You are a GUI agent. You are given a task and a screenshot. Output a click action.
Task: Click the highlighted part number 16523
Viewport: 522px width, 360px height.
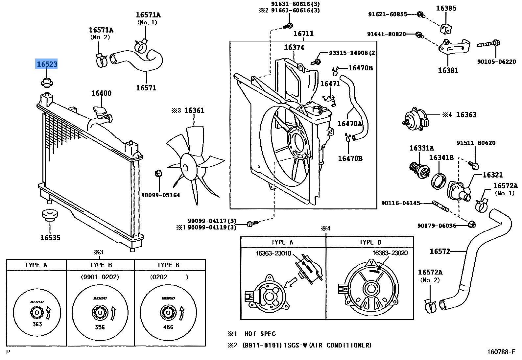(x=47, y=64)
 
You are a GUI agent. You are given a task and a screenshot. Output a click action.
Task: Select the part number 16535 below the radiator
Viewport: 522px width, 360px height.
(x=50, y=238)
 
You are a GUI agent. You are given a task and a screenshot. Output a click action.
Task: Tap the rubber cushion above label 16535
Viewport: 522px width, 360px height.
(x=50, y=215)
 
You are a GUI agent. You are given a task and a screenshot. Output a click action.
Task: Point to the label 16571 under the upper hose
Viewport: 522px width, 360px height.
(x=146, y=88)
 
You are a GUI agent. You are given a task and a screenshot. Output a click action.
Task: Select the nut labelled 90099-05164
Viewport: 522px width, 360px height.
(x=158, y=173)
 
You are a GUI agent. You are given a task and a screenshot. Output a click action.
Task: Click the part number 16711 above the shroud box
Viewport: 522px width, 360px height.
(x=303, y=34)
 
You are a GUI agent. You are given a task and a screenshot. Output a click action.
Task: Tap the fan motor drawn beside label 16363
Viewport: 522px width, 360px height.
(x=416, y=119)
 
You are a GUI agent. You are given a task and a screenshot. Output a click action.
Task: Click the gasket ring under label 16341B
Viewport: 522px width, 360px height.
(x=439, y=181)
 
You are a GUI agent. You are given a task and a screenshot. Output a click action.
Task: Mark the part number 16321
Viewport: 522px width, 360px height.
(x=492, y=175)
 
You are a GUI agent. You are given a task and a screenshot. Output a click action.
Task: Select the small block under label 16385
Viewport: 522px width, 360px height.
(x=446, y=29)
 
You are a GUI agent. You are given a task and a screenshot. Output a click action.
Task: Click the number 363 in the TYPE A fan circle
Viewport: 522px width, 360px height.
(x=37, y=324)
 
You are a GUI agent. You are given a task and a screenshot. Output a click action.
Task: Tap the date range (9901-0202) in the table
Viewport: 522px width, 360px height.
(x=100, y=277)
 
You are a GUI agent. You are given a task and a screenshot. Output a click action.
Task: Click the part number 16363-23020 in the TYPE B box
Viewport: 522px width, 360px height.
(x=390, y=253)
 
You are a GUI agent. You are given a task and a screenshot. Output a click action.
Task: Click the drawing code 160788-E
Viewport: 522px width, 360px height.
(x=501, y=352)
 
